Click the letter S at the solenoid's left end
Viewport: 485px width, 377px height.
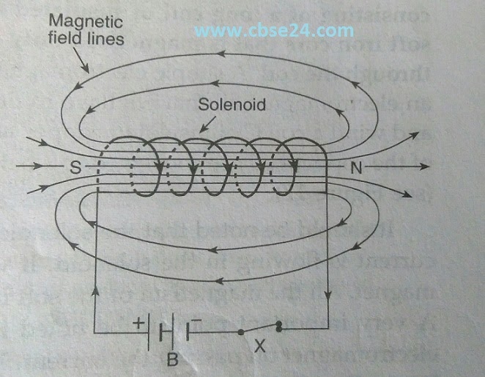pyautogui.click(x=75, y=167)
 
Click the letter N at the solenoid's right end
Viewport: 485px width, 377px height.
pyautogui.click(x=357, y=167)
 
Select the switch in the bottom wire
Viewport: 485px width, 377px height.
pyautogui.click(x=260, y=329)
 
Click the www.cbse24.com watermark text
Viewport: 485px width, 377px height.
pyautogui.click(x=265, y=30)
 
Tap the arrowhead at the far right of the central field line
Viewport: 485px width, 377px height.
pyautogui.click(x=425, y=167)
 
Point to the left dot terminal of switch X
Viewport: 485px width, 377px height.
pyautogui.click(x=242, y=332)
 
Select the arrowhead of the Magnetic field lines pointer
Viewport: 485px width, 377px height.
pyautogui.click(x=89, y=72)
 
